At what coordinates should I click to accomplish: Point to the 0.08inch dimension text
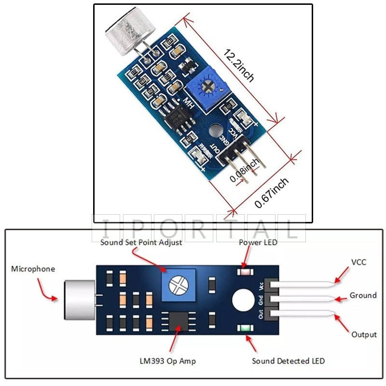point(244,171)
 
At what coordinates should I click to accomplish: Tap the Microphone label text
point(33,269)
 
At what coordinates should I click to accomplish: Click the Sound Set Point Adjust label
point(141,242)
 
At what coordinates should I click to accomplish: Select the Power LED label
point(258,242)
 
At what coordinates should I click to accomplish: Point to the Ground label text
point(363,295)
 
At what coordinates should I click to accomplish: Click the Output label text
point(364,334)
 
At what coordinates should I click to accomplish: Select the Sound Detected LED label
point(289,361)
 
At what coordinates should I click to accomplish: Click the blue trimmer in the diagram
point(179,287)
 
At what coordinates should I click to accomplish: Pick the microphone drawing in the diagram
point(79,300)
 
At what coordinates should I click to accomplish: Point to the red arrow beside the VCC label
point(343,274)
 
